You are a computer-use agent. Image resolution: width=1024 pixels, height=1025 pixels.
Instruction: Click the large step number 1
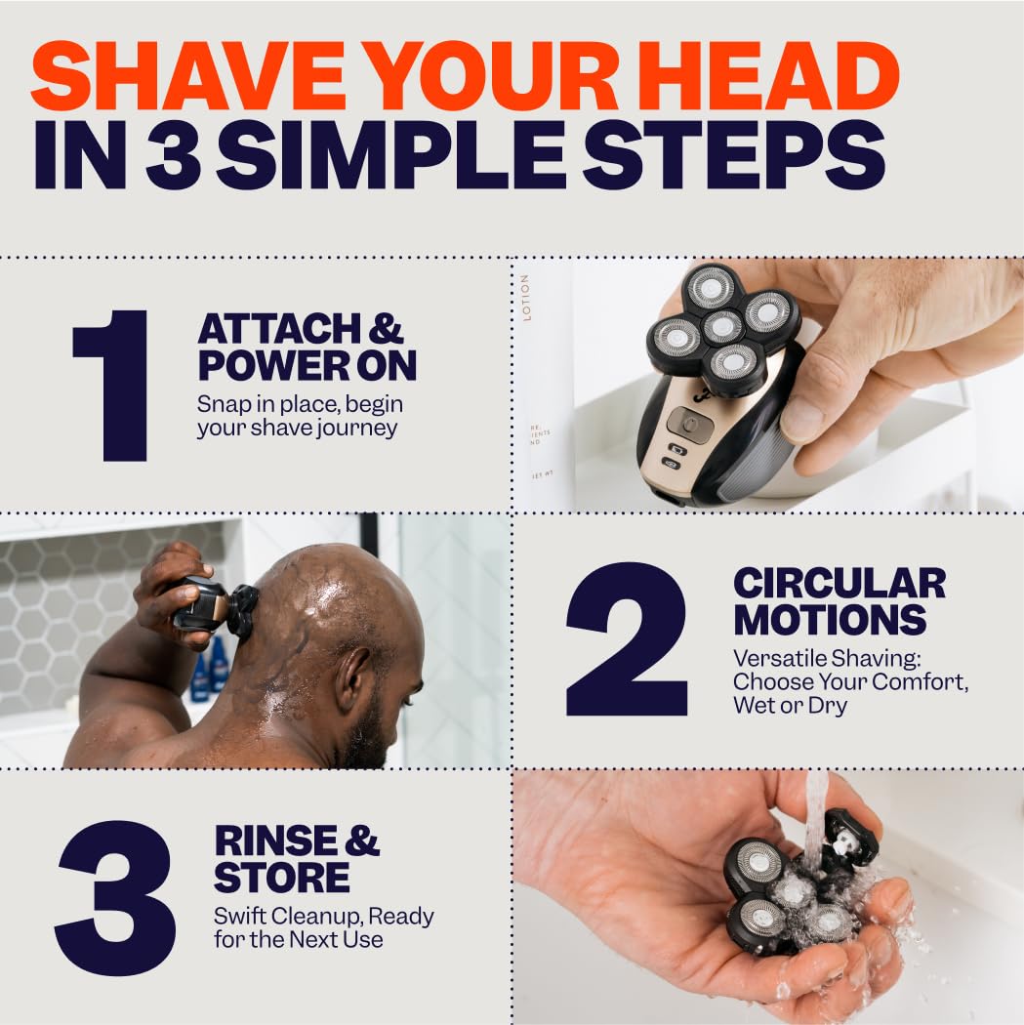[x=111, y=386]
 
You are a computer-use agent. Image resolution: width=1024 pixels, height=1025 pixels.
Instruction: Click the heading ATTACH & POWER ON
[x=307, y=348]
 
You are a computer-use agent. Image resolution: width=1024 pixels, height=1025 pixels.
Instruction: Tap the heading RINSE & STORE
[x=297, y=858]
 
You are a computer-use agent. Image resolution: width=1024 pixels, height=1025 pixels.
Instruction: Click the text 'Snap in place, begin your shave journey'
[x=300, y=416]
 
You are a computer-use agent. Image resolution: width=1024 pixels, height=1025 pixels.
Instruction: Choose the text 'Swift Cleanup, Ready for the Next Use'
[x=323, y=927]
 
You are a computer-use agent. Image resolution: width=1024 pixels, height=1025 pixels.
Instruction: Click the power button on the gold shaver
[x=691, y=424]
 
